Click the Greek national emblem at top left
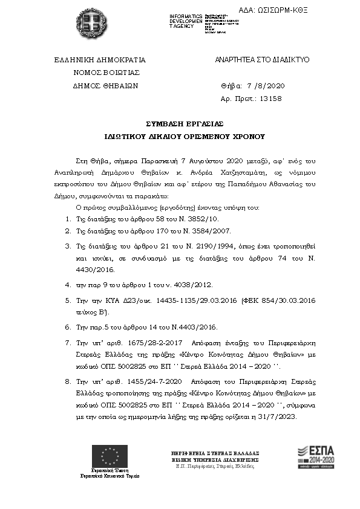point(94,24)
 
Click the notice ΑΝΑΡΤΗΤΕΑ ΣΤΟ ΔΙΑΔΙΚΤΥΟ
point(262,60)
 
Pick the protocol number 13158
point(270,98)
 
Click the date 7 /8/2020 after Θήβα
point(261,85)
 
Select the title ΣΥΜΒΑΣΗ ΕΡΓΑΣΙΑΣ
point(180,123)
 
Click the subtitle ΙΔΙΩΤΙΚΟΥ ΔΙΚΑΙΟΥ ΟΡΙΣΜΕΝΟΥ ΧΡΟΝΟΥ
point(180,137)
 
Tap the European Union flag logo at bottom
point(110,456)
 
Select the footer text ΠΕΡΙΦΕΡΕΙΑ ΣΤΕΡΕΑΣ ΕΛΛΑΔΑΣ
point(215,452)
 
